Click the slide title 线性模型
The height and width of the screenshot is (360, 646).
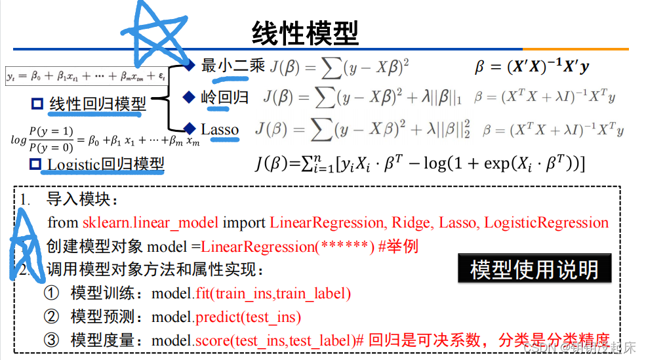coord(305,32)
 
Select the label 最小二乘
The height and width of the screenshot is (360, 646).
coord(233,66)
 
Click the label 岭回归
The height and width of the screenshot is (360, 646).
coord(224,98)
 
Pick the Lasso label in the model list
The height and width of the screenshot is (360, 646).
coord(220,129)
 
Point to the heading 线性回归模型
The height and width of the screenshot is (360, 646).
coord(98,104)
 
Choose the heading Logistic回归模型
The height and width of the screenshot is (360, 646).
coord(106,163)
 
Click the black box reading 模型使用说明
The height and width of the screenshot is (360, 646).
coord(534,270)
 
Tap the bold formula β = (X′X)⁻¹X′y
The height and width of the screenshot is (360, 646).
coord(532,66)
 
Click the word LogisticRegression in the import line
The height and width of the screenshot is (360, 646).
coord(546,223)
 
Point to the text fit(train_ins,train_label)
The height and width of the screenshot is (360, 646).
coord(273,293)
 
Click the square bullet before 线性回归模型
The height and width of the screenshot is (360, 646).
coord(37,104)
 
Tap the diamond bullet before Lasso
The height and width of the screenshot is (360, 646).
coord(190,129)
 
